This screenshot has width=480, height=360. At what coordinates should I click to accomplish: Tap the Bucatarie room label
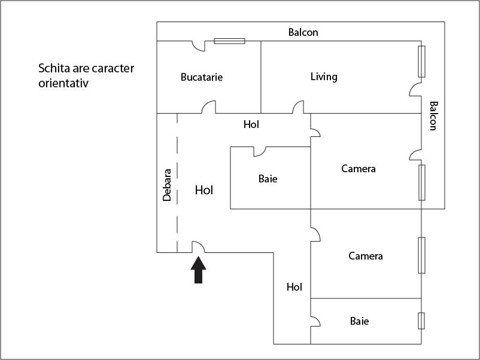pyautogui.click(x=202, y=77)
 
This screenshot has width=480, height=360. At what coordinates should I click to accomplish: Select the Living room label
pyautogui.click(x=324, y=77)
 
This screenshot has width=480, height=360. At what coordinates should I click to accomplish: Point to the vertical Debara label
pyautogui.click(x=167, y=184)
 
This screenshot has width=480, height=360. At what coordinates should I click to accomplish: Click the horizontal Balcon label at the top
pyautogui.click(x=303, y=32)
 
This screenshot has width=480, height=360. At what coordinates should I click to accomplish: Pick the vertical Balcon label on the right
pyautogui.click(x=433, y=115)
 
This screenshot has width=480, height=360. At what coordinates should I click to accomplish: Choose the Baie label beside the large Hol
pyautogui.click(x=268, y=178)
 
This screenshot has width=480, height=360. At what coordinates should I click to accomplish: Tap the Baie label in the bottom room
pyautogui.click(x=359, y=321)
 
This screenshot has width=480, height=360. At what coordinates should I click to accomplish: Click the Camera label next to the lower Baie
pyautogui.click(x=366, y=256)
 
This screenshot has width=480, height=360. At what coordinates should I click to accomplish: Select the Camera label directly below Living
pyautogui.click(x=359, y=169)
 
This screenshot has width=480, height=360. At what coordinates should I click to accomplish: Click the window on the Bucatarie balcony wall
pyautogui.click(x=230, y=41)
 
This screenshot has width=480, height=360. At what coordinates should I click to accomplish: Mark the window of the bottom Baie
pyautogui.click(x=421, y=321)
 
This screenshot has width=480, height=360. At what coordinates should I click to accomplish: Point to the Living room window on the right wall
pyautogui.click(x=422, y=61)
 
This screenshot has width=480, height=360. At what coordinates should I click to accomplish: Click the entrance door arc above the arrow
pyautogui.click(x=198, y=246)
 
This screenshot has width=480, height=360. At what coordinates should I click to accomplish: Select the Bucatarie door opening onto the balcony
pyautogui.click(x=198, y=45)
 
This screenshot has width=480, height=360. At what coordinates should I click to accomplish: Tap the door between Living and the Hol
pyautogui.click(x=298, y=108)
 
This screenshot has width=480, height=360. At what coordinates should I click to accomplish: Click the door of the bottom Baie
pyautogui.click(x=315, y=321)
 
